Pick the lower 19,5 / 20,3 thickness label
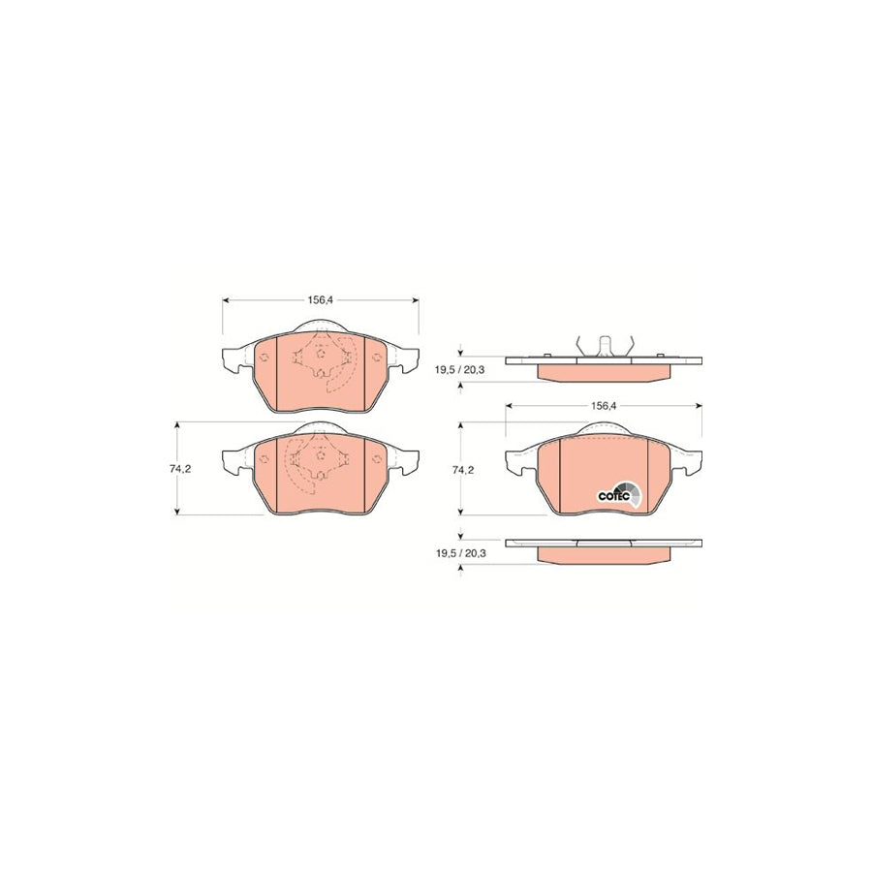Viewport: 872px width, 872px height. pos(460,553)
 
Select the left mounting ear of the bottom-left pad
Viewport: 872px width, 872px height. pos(234,463)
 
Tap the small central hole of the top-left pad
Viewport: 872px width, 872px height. pos(321,356)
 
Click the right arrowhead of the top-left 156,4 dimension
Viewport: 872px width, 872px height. pos(416,300)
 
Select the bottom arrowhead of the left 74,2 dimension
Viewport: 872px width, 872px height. pos(176,511)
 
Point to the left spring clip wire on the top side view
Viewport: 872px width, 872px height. pos(577,344)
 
